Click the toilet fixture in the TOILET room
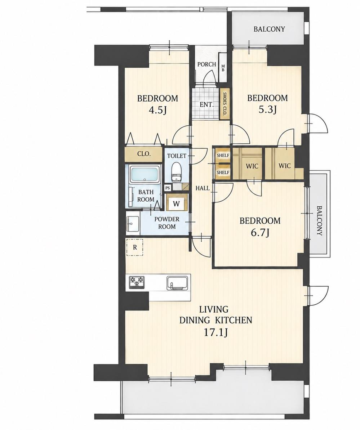(176, 172)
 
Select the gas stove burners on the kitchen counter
(137, 282)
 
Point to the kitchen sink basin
(178, 283)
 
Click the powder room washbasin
(133, 224)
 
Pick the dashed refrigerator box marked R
(134, 247)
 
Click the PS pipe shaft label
(167, 188)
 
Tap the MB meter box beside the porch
(223, 68)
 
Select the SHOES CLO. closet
(224, 104)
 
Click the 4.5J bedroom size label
(157, 110)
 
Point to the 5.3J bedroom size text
(267, 110)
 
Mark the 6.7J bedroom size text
(259, 233)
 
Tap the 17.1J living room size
(215, 333)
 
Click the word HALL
(203, 188)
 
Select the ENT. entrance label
(206, 104)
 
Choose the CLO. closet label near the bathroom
(144, 154)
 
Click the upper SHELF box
(223, 156)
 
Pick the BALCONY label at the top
(269, 29)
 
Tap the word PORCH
(206, 64)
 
